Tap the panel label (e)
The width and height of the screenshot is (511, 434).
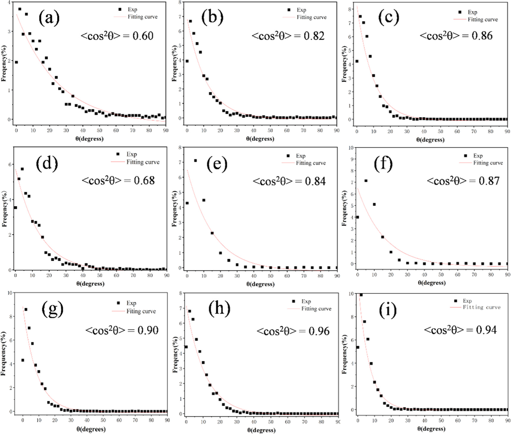(x=217, y=164)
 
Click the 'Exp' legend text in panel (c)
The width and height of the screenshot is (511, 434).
(x=472, y=12)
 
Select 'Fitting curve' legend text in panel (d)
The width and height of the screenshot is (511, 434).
(x=143, y=162)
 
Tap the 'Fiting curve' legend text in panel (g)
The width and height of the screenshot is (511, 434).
(x=141, y=311)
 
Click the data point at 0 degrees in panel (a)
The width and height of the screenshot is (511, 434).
(x=16, y=62)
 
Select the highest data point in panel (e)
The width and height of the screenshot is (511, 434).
(x=195, y=160)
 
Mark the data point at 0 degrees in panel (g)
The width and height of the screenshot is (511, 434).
(x=23, y=360)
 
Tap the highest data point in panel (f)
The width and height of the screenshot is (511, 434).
(x=366, y=181)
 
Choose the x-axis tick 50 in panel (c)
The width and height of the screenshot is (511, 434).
(x=440, y=131)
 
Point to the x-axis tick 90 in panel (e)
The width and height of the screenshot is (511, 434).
(x=337, y=276)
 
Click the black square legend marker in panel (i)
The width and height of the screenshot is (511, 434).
(x=455, y=301)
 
